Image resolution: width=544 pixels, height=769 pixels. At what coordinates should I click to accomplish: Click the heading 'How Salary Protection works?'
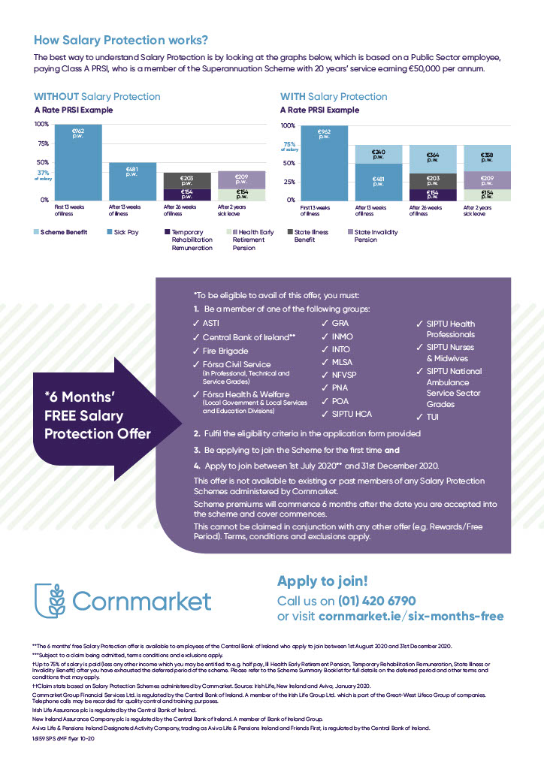(x=121, y=40)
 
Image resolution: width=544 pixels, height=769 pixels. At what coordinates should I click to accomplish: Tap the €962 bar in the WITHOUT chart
(x=78, y=161)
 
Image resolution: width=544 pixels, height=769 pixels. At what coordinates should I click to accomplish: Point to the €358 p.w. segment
(x=487, y=157)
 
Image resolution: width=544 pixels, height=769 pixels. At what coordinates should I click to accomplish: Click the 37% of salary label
(x=43, y=174)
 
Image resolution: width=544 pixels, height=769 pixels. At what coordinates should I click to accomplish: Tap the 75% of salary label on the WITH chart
(x=289, y=146)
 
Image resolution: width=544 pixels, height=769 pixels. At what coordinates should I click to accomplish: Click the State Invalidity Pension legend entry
(x=376, y=236)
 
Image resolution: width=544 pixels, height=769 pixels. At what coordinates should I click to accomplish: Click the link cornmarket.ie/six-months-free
(x=411, y=617)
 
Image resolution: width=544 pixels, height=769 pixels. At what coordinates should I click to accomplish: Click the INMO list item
(x=342, y=336)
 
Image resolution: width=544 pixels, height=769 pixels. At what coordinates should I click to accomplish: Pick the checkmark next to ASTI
(x=196, y=323)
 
